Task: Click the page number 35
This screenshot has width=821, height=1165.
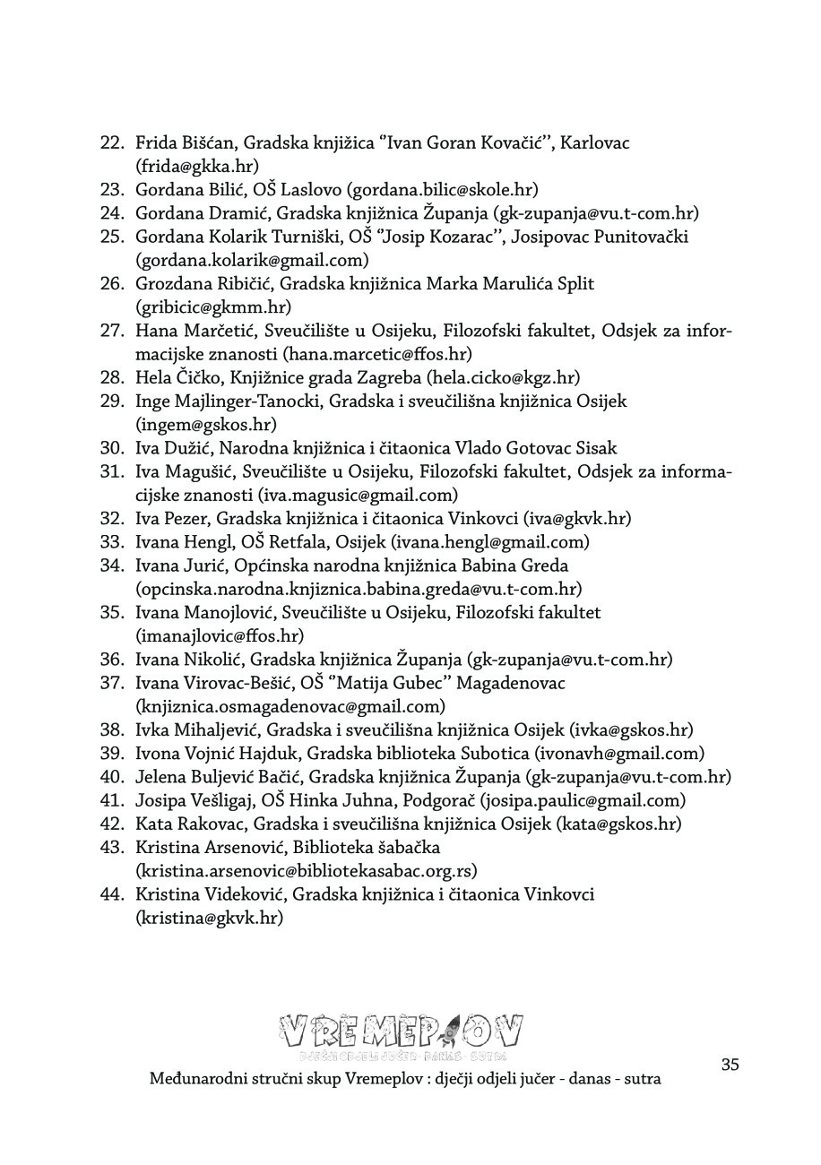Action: [x=730, y=1065]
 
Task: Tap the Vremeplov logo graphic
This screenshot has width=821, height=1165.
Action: [x=401, y=1035]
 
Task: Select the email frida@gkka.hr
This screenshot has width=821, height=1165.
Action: [x=197, y=166]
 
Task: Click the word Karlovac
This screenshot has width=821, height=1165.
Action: [x=595, y=142]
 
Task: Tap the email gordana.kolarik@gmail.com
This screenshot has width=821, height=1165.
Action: [x=252, y=260]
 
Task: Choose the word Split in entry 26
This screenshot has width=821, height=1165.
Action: [x=575, y=283]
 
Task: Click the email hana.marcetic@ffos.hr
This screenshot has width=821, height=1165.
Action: [x=377, y=354]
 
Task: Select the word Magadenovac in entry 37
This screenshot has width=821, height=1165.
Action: [x=511, y=683]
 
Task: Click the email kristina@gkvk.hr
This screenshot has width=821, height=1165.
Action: [x=209, y=918]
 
